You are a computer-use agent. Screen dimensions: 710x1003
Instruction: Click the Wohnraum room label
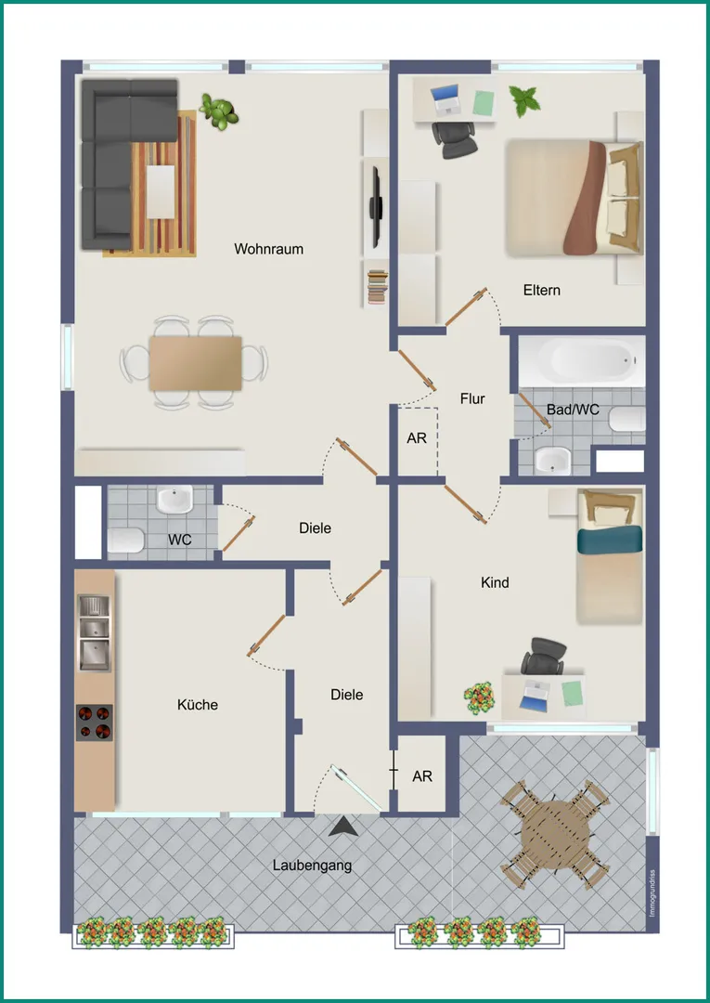[x=268, y=249]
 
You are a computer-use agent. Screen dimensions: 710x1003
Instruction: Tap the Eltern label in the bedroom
[x=542, y=291]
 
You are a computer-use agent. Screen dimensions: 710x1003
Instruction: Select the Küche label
[x=198, y=704]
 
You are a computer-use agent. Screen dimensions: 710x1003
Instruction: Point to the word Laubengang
[x=313, y=866]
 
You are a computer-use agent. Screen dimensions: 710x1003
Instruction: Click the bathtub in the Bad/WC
[x=582, y=360]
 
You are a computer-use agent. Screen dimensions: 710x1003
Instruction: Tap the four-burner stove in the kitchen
[x=94, y=723]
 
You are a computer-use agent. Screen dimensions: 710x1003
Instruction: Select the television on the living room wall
[x=377, y=207]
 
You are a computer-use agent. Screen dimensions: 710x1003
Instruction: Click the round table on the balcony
[x=553, y=834]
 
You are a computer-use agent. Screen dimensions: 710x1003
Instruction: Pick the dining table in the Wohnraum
[x=196, y=363]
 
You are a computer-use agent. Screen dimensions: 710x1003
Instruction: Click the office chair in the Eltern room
[x=455, y=138]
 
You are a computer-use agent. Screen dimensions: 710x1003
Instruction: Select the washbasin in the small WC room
[x=175, y=499]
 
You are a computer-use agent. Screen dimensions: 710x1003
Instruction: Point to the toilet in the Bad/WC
[x=626, y=420]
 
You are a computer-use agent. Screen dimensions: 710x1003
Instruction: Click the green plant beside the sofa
[x=219, y=111]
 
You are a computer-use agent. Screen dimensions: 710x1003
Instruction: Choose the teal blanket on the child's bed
[x=610, y=540]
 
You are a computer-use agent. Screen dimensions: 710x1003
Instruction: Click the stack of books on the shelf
[x=378, y=287]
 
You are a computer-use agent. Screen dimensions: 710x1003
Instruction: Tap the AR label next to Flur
[x=417, y=438]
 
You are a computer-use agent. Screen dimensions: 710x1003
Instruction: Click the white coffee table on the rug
[x=161, y=191]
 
